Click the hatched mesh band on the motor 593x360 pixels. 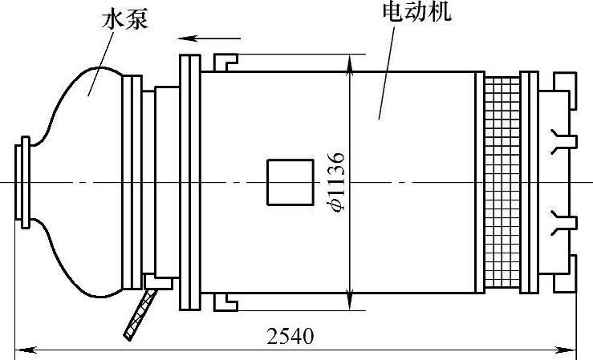[502, 182]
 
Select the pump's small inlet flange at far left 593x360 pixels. [23, 182]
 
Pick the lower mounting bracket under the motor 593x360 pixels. [225, 301]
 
